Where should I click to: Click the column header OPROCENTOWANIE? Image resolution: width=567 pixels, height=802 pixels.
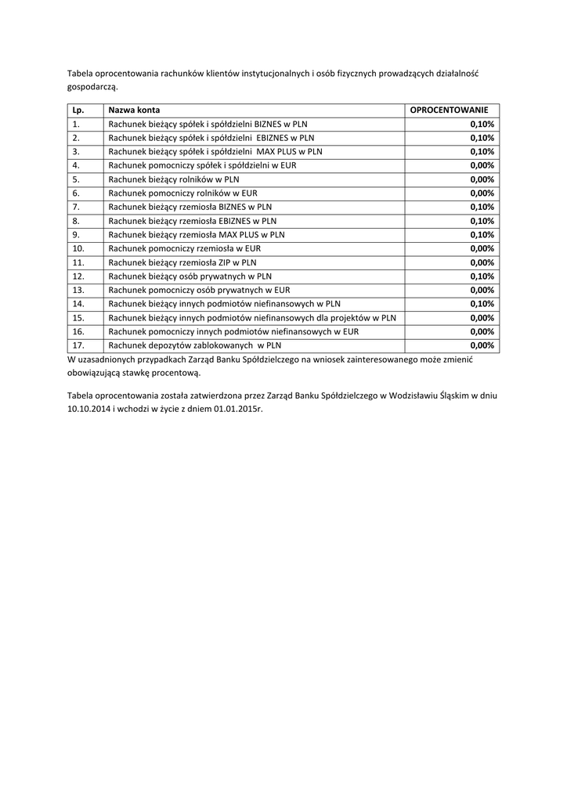pos(449,110)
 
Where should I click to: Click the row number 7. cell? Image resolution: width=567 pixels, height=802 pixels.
pos(76,207)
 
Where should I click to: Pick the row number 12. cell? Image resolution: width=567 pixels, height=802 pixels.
pos(78,276)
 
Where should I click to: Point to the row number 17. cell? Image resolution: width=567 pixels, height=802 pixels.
pos(78,345)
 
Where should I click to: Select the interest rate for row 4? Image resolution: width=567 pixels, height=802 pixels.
pos(482,165)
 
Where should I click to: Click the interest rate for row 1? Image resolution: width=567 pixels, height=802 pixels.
pos(482,124)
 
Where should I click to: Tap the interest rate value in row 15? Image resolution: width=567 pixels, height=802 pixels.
pos(482,318)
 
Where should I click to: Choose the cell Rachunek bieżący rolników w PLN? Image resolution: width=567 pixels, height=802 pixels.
pos(174,179)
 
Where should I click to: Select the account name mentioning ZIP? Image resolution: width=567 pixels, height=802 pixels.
pos(182,262)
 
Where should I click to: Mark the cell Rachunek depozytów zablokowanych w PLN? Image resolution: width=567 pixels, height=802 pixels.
pos(194,345)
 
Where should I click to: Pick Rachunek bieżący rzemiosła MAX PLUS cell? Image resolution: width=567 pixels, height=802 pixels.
pos(197,235)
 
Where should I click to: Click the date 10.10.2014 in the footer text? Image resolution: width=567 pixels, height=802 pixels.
pos(87,409)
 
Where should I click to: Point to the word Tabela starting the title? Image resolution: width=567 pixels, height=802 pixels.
pos(80,74)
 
